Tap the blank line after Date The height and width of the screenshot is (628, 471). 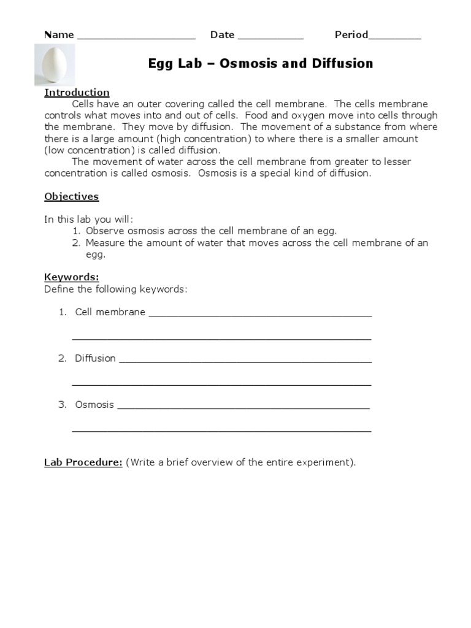(270, 37)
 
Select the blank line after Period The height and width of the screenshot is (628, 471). (395, 37)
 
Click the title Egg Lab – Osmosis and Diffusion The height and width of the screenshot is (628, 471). (261, 64)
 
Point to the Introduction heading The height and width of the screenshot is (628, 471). (77, 93)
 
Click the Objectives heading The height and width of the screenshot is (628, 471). (71, 197)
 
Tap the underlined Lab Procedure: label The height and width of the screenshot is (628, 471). (83, 462)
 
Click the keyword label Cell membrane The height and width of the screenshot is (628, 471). (110, 312)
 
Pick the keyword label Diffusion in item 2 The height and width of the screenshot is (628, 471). (95, 359)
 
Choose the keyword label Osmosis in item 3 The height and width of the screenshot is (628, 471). (94, 405)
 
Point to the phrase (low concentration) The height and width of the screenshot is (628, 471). (85, 150)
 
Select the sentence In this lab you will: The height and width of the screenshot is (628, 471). (88, 220)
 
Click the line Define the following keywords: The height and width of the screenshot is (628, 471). (115, 289)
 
